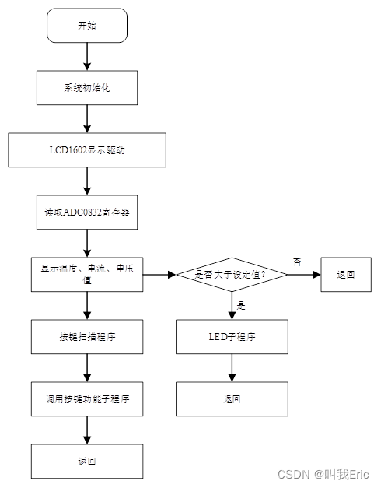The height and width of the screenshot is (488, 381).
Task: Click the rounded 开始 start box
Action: [86, 26]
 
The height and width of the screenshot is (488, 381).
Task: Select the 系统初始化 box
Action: [86, 88]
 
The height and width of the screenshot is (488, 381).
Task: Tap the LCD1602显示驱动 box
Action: [86, 150]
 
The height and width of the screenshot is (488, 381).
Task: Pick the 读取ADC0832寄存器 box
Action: [86, 212]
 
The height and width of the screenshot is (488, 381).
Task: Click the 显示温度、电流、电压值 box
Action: [86, 274]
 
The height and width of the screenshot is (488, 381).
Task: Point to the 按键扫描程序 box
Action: [86, 337]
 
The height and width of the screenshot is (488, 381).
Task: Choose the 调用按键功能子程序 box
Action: [86, 398]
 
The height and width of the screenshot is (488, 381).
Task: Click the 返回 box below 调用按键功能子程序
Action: [86, 461]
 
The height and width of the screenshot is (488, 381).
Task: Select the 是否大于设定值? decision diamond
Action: [232, 274]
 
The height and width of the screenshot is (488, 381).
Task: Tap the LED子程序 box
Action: [232, 336]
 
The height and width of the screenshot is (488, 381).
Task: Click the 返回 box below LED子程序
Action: [232, 398]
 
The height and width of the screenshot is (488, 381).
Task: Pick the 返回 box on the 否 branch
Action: [346, 274]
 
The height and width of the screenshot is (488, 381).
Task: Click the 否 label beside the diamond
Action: [296, 260]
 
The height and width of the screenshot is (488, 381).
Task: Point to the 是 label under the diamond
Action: [241, 306]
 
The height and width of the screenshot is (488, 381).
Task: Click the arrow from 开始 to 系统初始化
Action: [86, 56]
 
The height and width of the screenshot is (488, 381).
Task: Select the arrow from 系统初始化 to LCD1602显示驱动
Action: [86, 118]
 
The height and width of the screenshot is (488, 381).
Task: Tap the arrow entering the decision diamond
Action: [159, 274]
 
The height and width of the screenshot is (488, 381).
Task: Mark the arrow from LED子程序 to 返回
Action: [232, 367]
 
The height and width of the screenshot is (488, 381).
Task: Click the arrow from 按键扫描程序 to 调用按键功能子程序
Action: [86, 367]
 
